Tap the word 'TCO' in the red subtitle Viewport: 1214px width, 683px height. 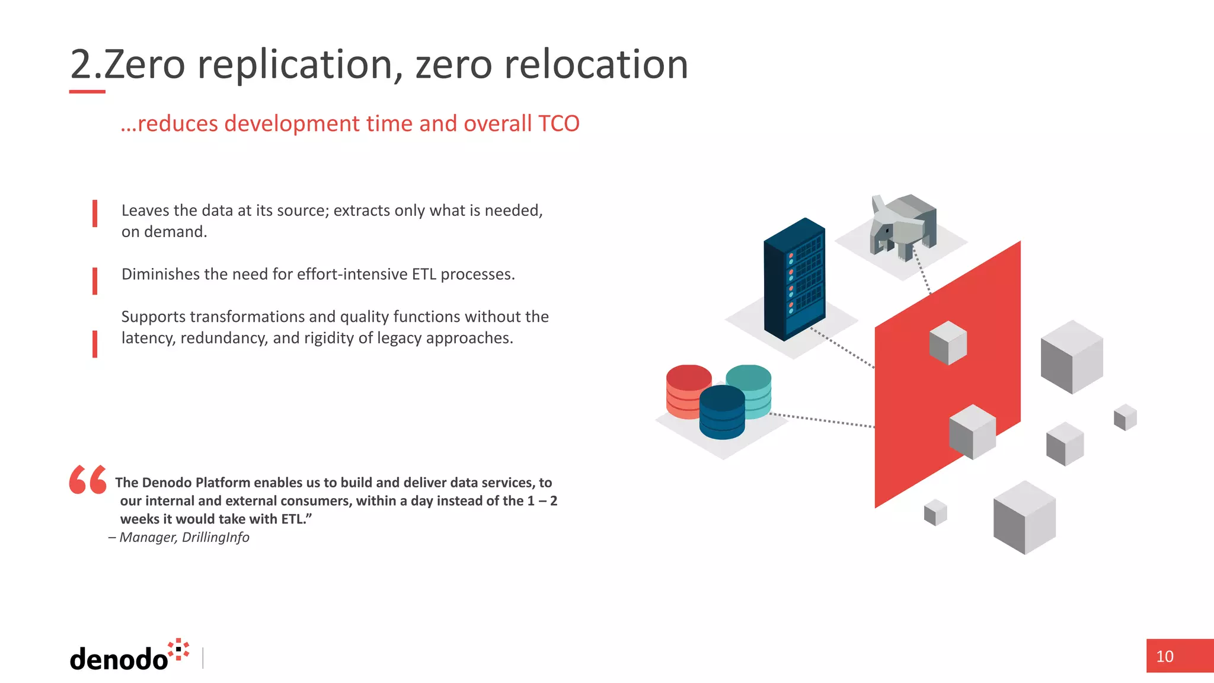coord(558,123)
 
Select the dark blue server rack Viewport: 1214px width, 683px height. coord(794,279)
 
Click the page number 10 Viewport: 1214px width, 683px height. coord(1164,656)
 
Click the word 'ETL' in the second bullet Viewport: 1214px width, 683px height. coord(424,274)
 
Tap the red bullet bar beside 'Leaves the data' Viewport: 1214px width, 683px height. coord(95,214)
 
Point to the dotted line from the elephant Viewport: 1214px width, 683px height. coord(921,270)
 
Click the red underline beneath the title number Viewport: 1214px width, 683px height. coord(87,92)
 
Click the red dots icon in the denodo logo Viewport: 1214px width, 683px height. coord(178,649)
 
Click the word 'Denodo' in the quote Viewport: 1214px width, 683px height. coord(167,483)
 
